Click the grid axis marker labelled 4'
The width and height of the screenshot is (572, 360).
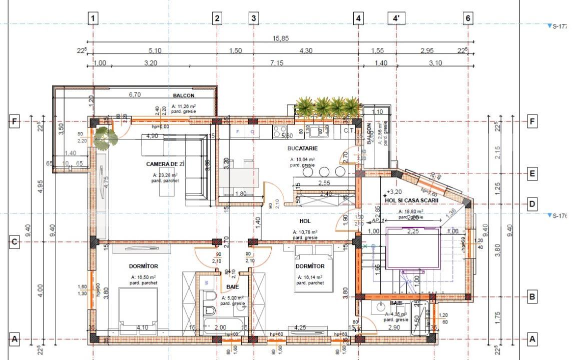(x=396, y=18)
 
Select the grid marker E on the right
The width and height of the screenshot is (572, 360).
(x=532, y=173)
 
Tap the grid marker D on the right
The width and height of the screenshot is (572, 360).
(x=532, y=203)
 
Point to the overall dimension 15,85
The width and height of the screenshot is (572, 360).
(x=280, y=38)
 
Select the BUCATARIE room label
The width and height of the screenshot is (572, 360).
(x=302, y=148)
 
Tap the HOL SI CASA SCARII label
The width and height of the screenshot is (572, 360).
(x=411, y=200)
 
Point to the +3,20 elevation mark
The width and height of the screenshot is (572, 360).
(x=394, y=191)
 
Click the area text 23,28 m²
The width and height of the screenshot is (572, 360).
(x=165, y=175)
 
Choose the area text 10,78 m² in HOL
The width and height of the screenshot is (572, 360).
(x=305, y=232)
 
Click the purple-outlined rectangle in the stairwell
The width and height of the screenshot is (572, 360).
(x=413, y=247)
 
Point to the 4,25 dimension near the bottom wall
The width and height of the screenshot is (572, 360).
(x=300, y=327)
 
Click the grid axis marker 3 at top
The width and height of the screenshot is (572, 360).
(x=254, y=18)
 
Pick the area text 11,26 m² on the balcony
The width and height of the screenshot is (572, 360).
(x=184, y=106)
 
